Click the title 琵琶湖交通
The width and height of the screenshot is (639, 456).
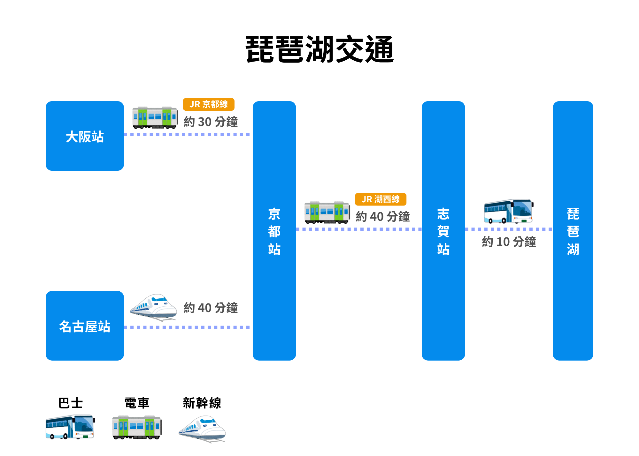[x=320, y=49]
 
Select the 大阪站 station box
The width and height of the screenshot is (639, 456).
[x=85, y=136]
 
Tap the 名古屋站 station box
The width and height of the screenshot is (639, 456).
[x=85, y=326]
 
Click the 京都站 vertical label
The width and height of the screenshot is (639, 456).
[x=274, y=231]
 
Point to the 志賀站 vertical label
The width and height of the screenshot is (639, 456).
[x=443, y=231]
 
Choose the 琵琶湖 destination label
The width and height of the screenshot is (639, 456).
[x=573, y=231]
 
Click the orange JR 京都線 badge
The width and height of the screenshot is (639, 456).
[x=209, y=104]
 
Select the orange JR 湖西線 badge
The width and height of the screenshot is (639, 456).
[x=381, y=199]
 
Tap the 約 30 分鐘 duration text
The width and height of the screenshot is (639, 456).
[x=211, y=122]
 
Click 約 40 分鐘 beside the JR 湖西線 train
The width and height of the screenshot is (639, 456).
[x=382, y=217]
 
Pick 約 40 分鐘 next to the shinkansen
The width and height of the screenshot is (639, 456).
[x=211, y=308]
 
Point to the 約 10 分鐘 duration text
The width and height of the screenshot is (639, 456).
[x=509, y=242]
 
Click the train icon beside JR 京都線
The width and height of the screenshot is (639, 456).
[x=155, y=117]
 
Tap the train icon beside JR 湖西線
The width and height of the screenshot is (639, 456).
[x=327, y=213]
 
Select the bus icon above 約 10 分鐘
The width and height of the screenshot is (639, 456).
[x=509, y=211]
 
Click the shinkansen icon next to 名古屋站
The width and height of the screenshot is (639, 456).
[x=153, y=307]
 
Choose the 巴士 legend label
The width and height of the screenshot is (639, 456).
[x=71, y=403]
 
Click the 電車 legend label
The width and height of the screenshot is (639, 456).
[x=137, y=403]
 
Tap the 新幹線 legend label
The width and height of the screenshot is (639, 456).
[x=202, y=403]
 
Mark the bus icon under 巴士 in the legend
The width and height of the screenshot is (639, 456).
[x=70, y=427]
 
